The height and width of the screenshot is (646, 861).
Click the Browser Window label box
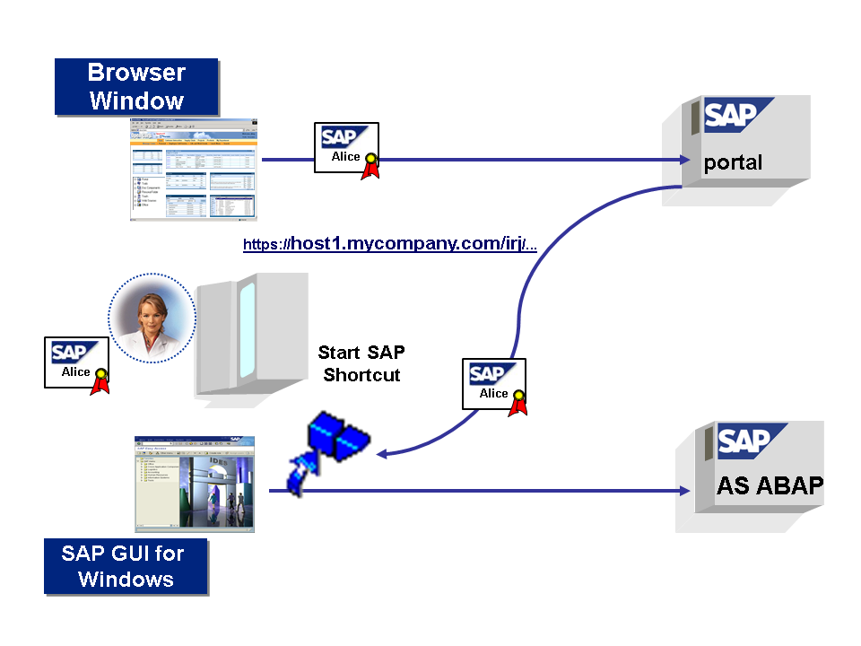(136, 86)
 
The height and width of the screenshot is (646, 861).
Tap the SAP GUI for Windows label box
(126, 566)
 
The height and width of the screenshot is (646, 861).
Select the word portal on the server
(733, 162)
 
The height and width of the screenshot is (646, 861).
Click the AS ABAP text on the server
(770, 485)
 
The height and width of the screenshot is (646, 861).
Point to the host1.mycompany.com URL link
(390, 245)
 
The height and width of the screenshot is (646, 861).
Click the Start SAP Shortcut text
(361, 363)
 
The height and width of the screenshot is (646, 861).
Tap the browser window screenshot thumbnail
(193, 170)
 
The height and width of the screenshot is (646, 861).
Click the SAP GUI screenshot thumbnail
(195, 484)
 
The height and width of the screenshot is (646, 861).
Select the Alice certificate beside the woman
(75, 362)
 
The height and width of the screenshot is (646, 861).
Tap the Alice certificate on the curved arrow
(493, 384)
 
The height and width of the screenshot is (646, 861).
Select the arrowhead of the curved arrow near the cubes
(381, 454)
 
